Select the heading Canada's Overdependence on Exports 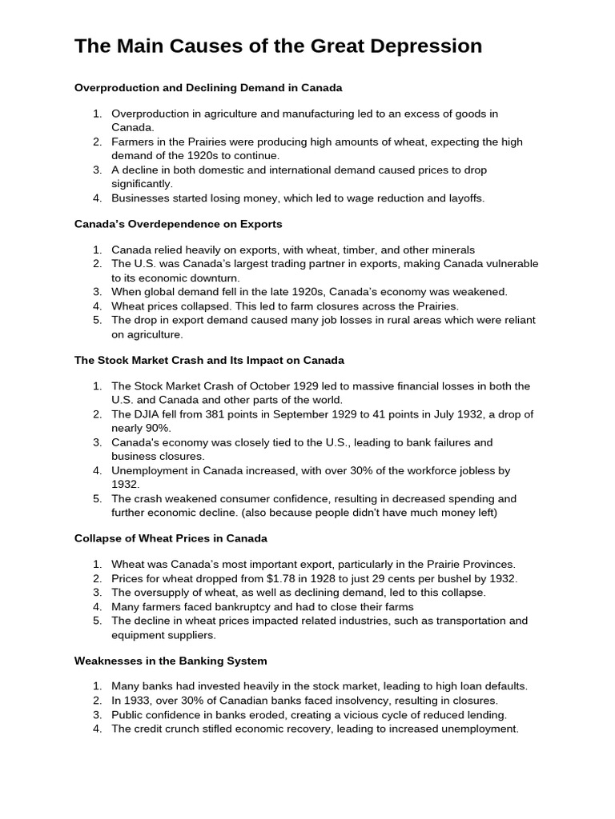pyautogui.click(x=178, y=224)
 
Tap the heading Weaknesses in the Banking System pyautogui.click(x=171, y=661)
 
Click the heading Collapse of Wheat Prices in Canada pyautogui.click(x=171, y=538)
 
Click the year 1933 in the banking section pyautogui.click(x=138, y=701)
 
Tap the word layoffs pyautogui.click(x=463, y=198)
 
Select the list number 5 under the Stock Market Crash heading pyautogui.click(x=96, y=498)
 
